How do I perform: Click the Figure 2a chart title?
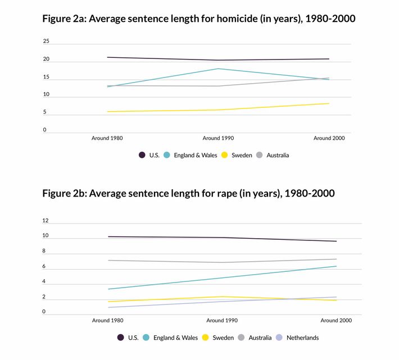pyautogui.click(x=199, y=19)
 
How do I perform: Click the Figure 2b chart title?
pyautogui.click(x=188, y=194)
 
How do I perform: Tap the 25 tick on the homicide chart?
pyautogui.click(x=46, y=41)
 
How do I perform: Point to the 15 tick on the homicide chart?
pyautogui.click(x=46, y=77)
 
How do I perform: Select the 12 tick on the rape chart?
pyautogui.click(x=46, y=221)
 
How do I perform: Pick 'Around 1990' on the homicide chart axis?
pyautogui.click(x=219, y=138)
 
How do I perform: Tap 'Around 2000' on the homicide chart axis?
pyautogui.click(x=329, y=138)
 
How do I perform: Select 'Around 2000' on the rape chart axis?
pyautogui.click(x=337, y=320)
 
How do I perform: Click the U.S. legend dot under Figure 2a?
pyautogui.click(x=142, y=154)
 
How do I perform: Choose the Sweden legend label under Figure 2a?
pyautogui.click(x=242, y=155)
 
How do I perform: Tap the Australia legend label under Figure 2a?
pyautogui.click(x=278, y=155)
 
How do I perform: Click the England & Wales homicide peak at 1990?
pyautogui.click(x=219, y=69)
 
